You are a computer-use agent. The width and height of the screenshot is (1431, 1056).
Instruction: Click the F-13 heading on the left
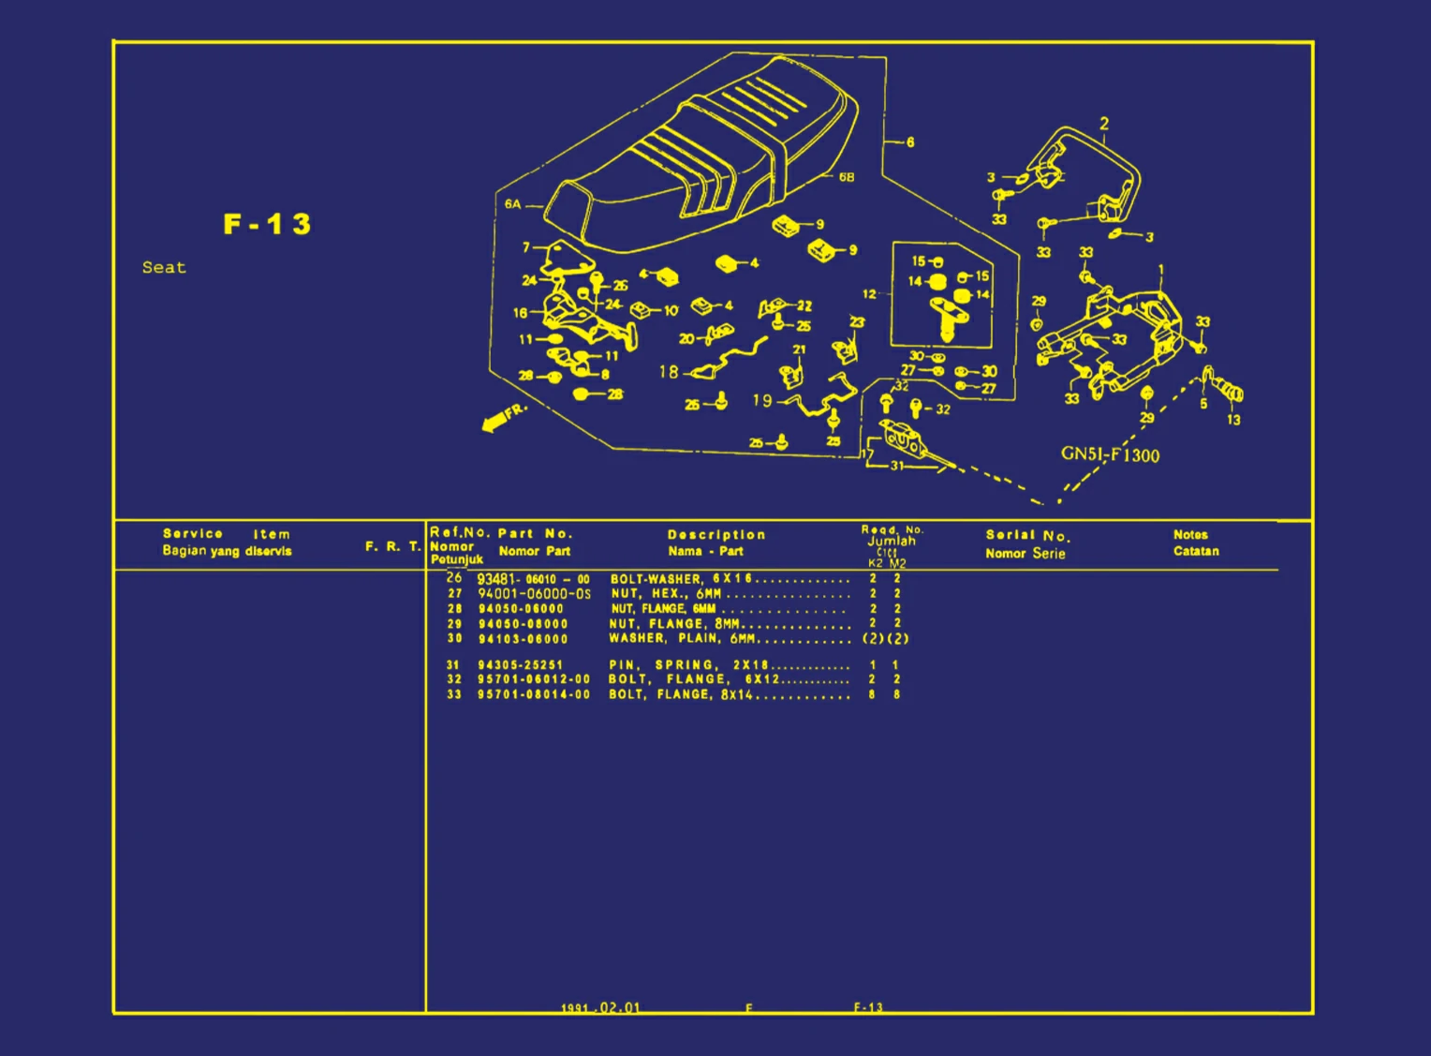[267, 225]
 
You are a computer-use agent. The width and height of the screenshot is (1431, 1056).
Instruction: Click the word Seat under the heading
[164, 267]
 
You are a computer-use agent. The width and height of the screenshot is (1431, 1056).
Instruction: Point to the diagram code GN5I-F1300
[1110, 454]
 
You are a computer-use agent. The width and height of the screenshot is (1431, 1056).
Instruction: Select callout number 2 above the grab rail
[1104, 124]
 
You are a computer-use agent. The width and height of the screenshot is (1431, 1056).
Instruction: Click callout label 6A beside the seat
[512, 204]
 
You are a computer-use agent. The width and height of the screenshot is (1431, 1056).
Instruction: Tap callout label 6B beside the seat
[846, 177]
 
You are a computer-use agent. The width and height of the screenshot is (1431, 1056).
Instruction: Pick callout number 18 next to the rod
[668, 372]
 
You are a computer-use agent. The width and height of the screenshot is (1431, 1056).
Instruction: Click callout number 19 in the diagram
[762, 400]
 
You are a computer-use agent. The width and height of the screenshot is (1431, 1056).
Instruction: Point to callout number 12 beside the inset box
[869, 294]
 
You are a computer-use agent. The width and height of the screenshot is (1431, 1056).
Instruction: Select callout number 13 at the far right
[1233, 420]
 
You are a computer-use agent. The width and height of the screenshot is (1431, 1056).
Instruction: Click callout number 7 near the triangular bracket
[526, 247]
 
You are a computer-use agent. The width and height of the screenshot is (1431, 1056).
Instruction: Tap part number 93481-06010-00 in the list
[533, 579]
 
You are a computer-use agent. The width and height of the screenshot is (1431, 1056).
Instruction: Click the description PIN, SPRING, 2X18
[688, 665]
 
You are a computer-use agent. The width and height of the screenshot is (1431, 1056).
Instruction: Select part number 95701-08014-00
[534, 694]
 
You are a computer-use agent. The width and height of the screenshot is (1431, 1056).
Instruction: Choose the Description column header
[716, 535]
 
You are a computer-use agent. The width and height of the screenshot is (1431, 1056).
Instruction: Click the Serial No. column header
[1026, 536]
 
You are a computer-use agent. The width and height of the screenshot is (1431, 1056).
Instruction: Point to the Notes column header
[1190, 535]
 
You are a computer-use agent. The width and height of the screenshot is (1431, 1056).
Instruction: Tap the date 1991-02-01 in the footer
[600, 1007]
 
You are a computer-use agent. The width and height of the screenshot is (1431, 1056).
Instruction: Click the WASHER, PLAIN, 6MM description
[682, 639]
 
